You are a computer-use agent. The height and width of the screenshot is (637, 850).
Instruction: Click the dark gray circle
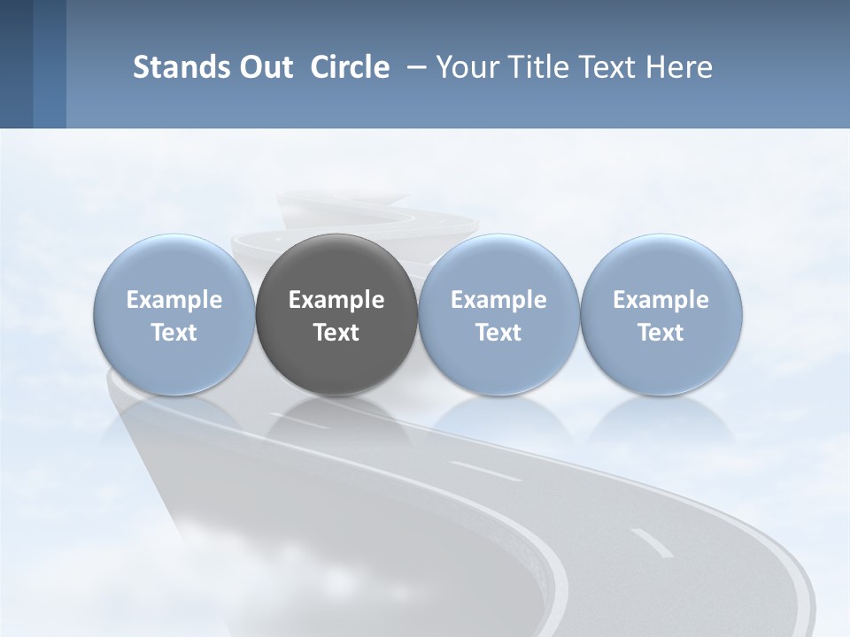point(336,265)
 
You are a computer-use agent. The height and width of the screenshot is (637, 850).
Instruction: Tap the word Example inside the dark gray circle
point(336,300)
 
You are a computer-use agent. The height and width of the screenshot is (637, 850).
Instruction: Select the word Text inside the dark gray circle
point(336,333)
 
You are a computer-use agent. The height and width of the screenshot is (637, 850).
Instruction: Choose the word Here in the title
point(680,67)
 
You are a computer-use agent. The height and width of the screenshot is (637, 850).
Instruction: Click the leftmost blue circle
point(174,265)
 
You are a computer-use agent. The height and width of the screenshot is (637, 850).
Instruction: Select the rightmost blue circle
point(661,265)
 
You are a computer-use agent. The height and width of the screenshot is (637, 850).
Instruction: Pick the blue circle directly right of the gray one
point(498,265)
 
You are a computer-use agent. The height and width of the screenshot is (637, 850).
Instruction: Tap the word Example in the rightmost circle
point(661,300)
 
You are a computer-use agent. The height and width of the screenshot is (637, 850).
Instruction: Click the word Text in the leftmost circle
point(174,333)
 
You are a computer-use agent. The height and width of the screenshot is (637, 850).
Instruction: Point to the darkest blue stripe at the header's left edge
point(16,64)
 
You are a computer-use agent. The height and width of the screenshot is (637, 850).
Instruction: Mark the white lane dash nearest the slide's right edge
point(651,542)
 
